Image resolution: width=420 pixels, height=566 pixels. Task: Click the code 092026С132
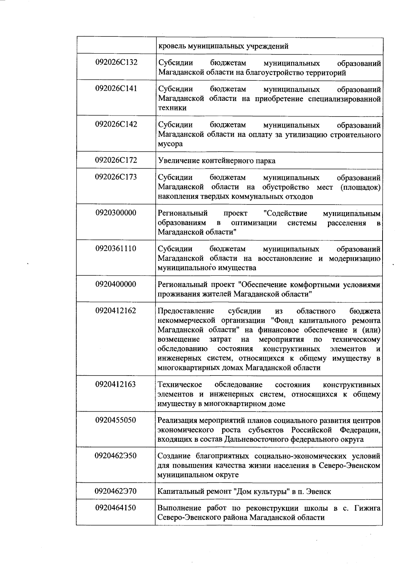[x=116, y=62]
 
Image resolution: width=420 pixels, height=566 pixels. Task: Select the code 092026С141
[x=116, y=88]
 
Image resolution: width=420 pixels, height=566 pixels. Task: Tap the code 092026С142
[x=116, y=124]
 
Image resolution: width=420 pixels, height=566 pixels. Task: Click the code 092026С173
[x=116, y=177]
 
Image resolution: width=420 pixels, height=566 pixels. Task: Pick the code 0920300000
[x=116, y=212]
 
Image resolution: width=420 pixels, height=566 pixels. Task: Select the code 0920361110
[x=116, y=249]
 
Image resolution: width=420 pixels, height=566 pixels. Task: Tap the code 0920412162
[x=116, y=310]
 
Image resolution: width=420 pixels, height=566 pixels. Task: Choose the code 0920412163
[x=116, y=384]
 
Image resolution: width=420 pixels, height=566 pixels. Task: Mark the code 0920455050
[x=116, y=420]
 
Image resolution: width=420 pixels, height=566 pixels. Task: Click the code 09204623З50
[x=116, y=456]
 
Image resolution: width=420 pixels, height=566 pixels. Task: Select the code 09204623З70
[x=116, y=491]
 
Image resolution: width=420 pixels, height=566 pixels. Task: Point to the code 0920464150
[x=116, y=508]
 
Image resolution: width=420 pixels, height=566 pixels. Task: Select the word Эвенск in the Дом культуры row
[x=318, y=491]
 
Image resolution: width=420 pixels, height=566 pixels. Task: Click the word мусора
[x=170, y=144]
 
